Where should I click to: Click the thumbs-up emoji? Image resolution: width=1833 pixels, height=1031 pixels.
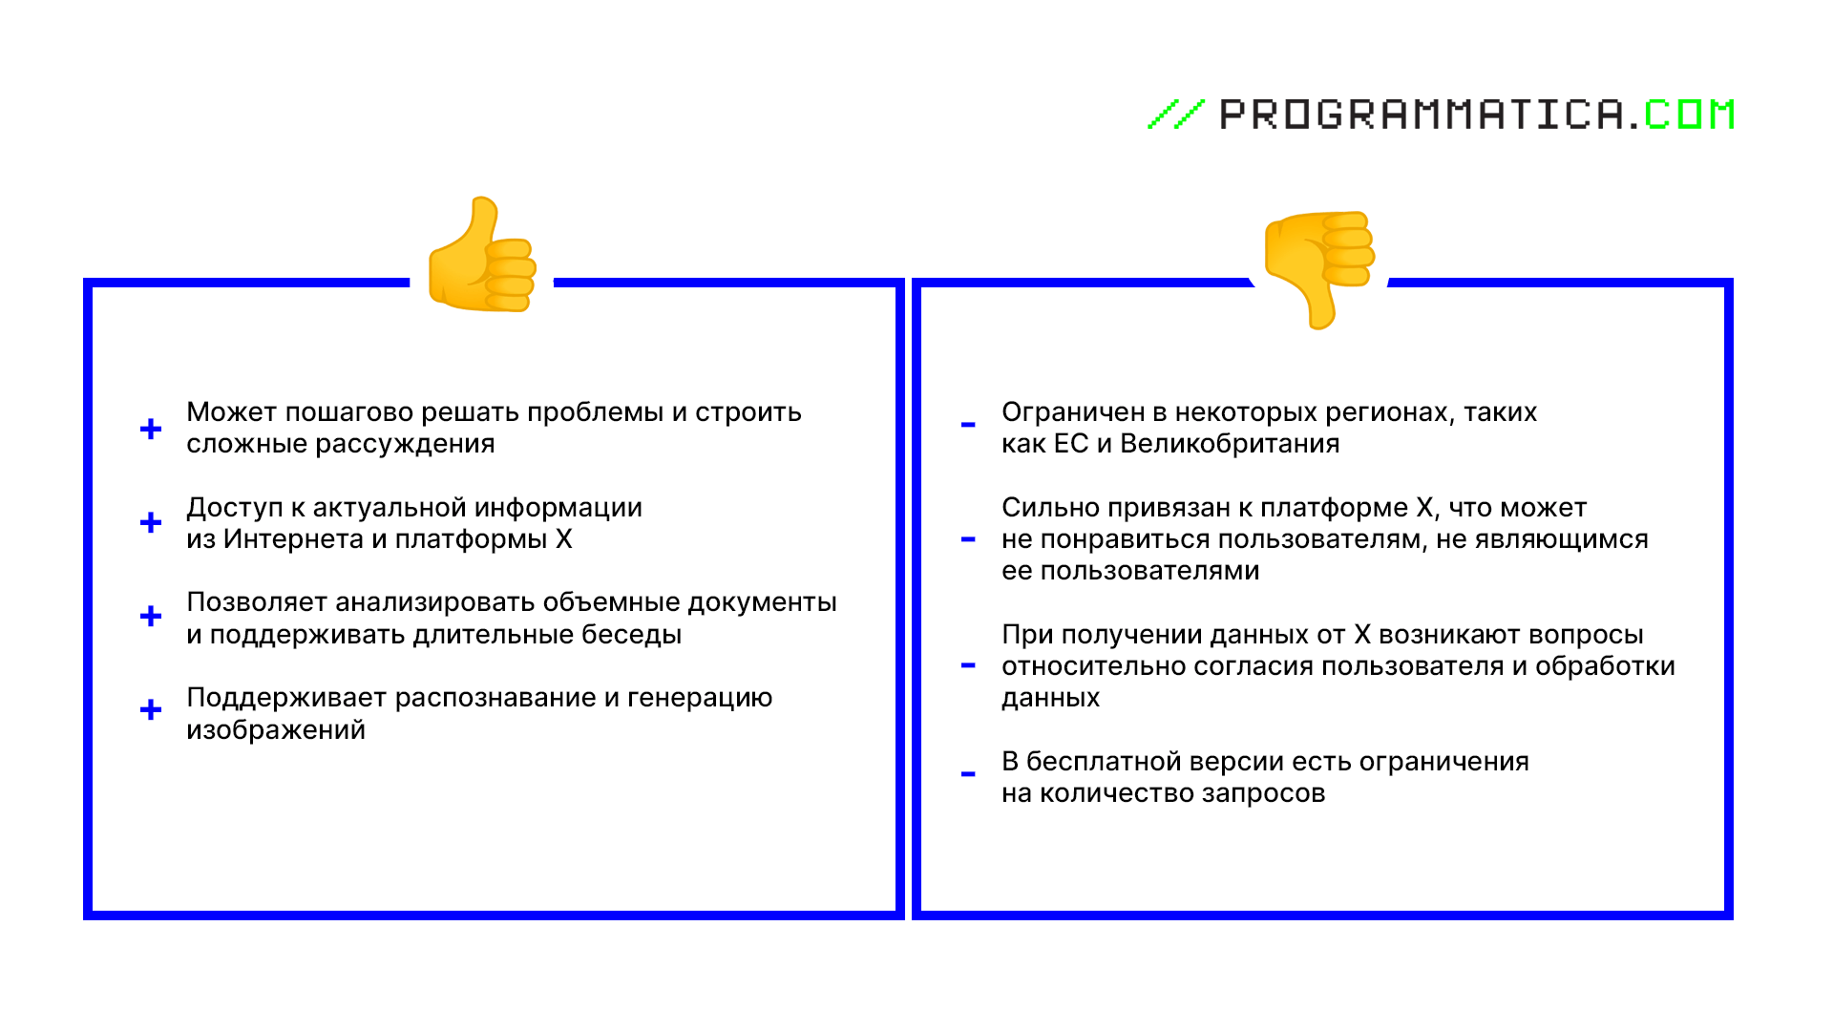[x=482, y=255]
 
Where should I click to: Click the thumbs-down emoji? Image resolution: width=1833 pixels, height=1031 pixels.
[x=1319, y=270]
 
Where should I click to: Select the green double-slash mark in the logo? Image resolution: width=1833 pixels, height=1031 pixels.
[x=1175, y=115]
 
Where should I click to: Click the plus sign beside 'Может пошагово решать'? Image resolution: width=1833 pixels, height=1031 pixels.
[x=151, y=429]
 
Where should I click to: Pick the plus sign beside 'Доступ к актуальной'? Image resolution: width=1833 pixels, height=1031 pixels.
[x=151, y=522]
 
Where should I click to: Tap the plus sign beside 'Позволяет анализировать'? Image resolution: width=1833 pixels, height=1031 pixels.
[x=151, y=616]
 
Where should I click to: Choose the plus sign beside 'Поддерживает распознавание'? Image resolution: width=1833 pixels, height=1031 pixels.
[x=151, y=709]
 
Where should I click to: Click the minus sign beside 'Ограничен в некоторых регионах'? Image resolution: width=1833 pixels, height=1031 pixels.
[x=968, y=425]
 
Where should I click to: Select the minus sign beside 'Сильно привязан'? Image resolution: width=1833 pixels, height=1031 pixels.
[x=968, y=539]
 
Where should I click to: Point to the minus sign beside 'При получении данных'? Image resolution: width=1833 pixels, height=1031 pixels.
[x=968, y=665]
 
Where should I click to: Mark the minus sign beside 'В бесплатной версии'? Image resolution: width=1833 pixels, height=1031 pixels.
[x=968, y=774]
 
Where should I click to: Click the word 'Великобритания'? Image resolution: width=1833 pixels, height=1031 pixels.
[x=1230, y=444]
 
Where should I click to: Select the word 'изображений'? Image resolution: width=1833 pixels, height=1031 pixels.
[x=276, y=730]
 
